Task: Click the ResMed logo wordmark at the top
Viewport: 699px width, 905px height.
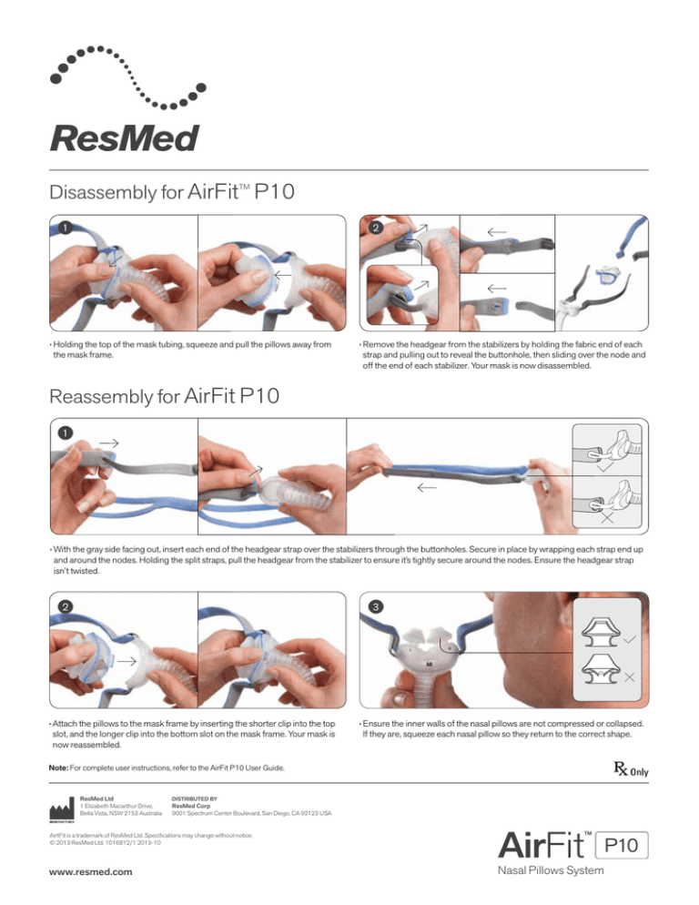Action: point(122,140)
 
